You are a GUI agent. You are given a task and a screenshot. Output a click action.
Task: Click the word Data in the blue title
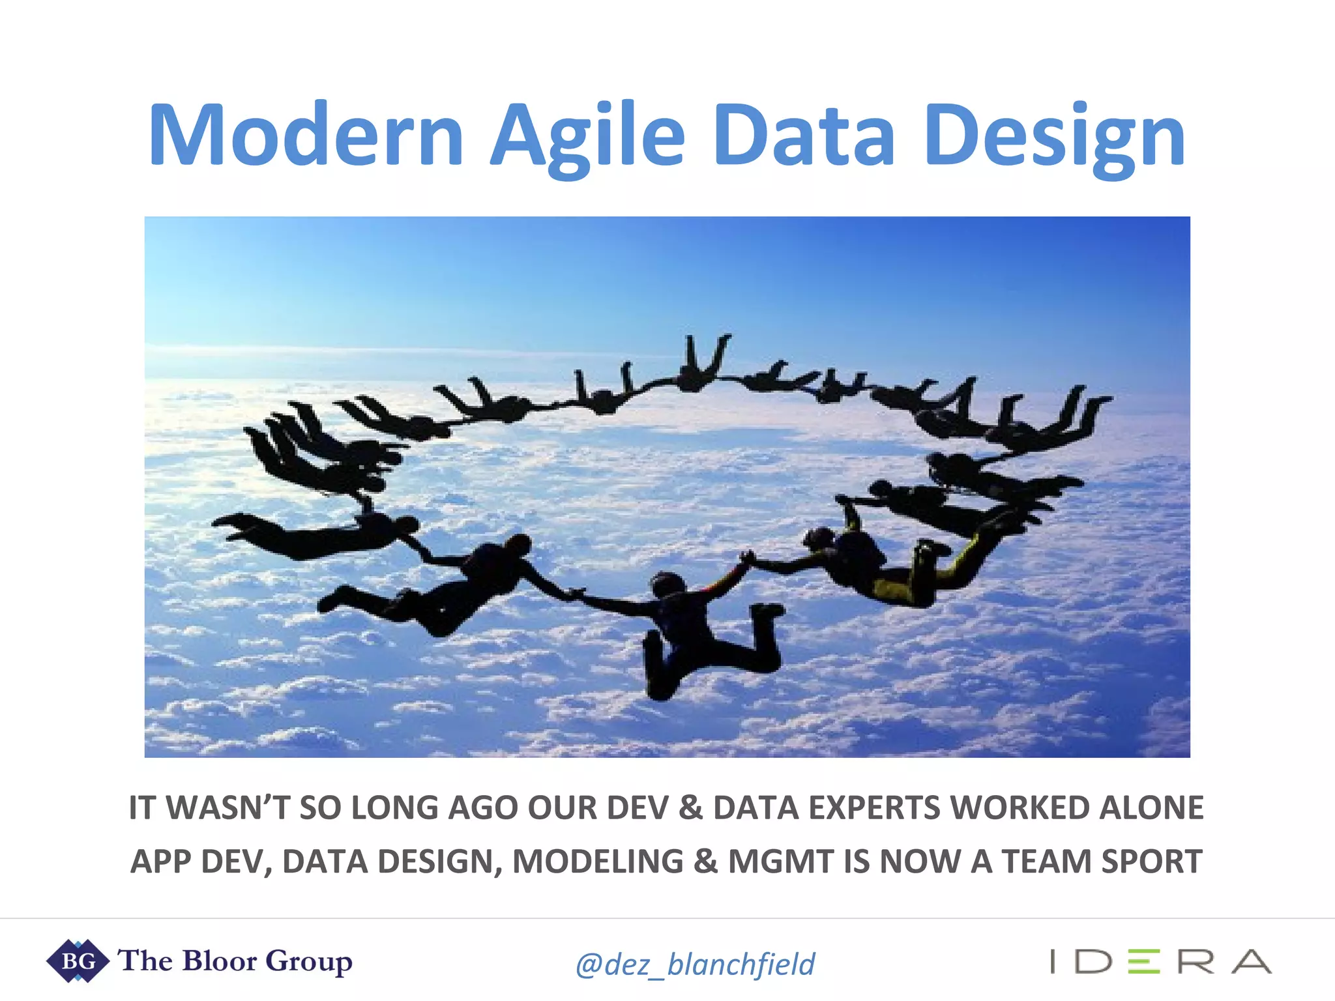tap(804, 136)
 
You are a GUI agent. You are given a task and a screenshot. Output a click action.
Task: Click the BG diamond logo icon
tap(78, 961)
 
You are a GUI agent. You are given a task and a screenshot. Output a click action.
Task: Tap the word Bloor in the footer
tap(220, 961)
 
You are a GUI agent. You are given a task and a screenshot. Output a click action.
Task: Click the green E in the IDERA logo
tap(1144, 962)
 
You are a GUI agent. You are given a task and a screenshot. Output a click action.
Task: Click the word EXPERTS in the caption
tap(875, 808)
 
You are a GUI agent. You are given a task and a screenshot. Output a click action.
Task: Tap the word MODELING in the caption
tap(598, 862)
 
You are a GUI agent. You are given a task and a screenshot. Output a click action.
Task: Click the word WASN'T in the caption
tap(228, 808)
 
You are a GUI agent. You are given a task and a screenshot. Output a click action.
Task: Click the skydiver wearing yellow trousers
tap(900, 567)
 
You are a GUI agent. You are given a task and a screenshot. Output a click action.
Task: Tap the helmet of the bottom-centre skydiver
tap(667, 584)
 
